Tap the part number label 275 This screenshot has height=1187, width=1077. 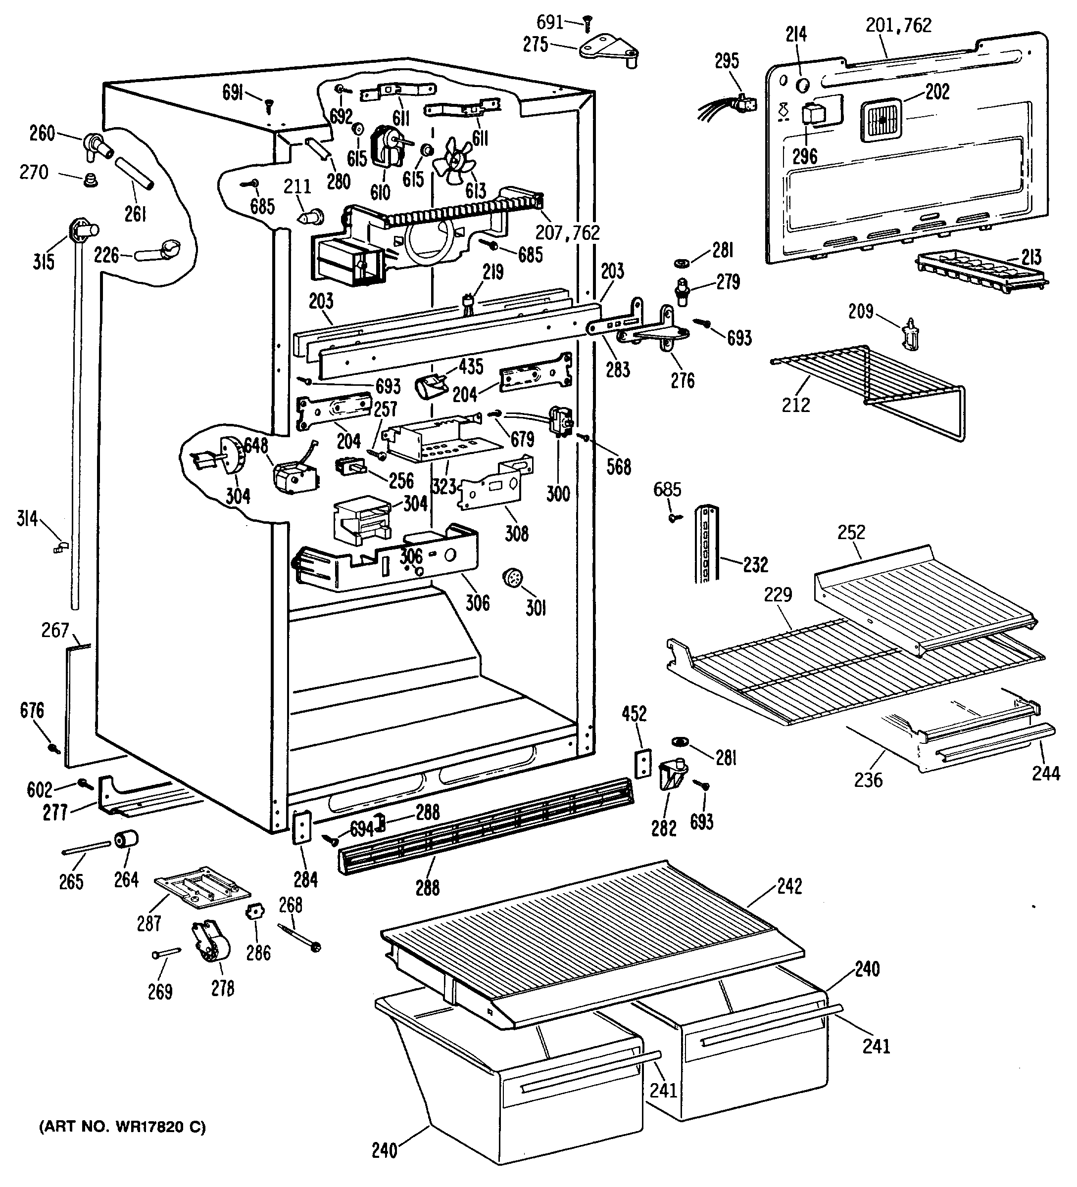pos(536,45)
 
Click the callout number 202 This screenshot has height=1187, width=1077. pos(937,92)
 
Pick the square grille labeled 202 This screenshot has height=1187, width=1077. pos(881,120)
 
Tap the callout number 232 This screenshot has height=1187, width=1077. pos(755,565)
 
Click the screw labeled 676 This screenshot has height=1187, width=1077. pos(54,748)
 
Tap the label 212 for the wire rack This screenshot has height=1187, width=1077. pos(795,405)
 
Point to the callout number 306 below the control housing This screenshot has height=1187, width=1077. pos(477,602)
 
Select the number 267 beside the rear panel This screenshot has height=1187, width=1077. pos(55,630)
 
